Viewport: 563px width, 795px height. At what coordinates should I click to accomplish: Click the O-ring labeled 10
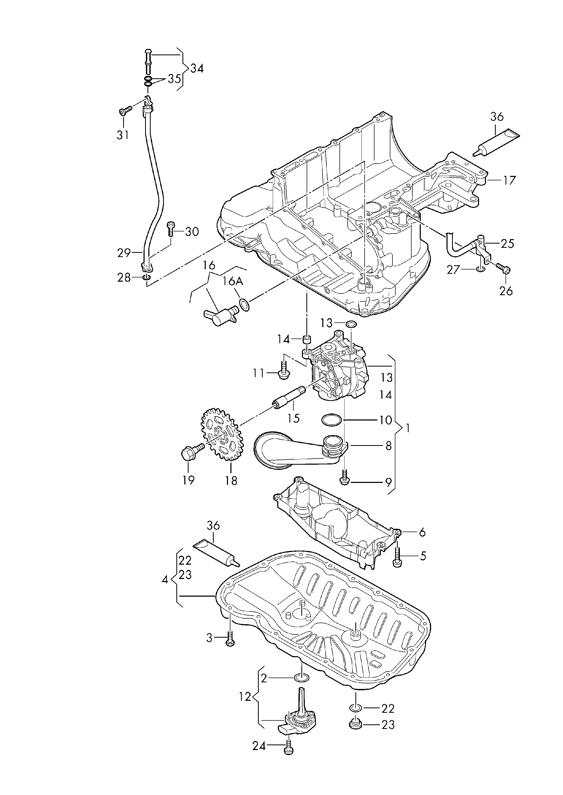point(332,420)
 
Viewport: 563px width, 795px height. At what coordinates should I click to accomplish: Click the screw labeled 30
point(171,229)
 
